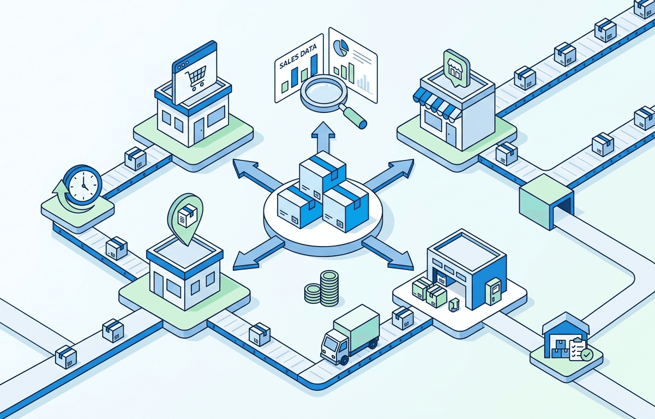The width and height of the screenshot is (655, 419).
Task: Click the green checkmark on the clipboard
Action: [x=587, y=355]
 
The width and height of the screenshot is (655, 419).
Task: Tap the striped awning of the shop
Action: [x=436, y=104]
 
